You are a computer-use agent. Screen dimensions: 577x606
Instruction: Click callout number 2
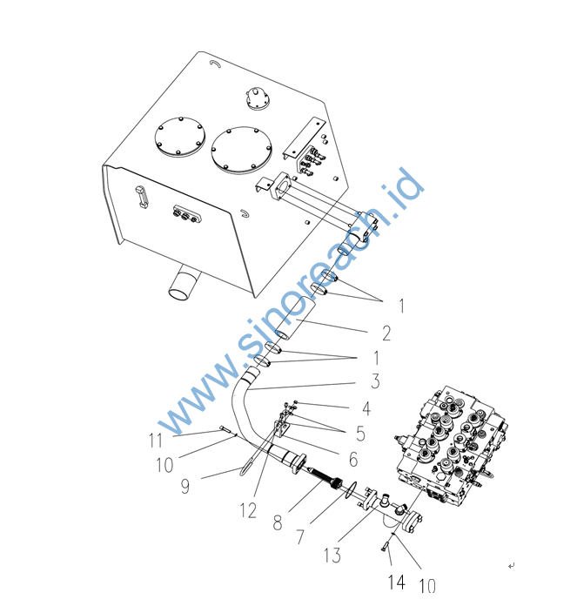(386, 333)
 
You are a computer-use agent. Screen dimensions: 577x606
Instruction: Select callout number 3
(375, 381)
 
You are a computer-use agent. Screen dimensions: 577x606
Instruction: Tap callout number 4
(366, 408)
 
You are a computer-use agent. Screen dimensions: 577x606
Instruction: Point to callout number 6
(353, 459)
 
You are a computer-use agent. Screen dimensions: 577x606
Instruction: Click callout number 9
(185, 486)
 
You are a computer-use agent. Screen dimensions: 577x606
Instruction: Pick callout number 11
(156, 441)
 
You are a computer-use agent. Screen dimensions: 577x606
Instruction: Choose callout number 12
(248, 510)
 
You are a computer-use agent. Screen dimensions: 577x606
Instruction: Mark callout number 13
(332, 555)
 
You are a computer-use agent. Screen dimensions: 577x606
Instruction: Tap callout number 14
(397, 582)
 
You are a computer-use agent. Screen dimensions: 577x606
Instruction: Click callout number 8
(278, 523)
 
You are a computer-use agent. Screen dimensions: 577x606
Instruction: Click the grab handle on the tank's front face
(141, 197)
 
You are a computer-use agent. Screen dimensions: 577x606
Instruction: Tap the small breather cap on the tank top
(258, 98)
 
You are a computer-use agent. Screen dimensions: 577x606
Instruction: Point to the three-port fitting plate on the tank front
(187, 215)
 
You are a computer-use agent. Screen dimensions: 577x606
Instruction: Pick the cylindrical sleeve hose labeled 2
(295, 319)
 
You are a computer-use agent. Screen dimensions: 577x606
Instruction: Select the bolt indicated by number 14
(385, 548)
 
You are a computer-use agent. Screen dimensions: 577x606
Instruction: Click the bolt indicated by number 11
(225, 429)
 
